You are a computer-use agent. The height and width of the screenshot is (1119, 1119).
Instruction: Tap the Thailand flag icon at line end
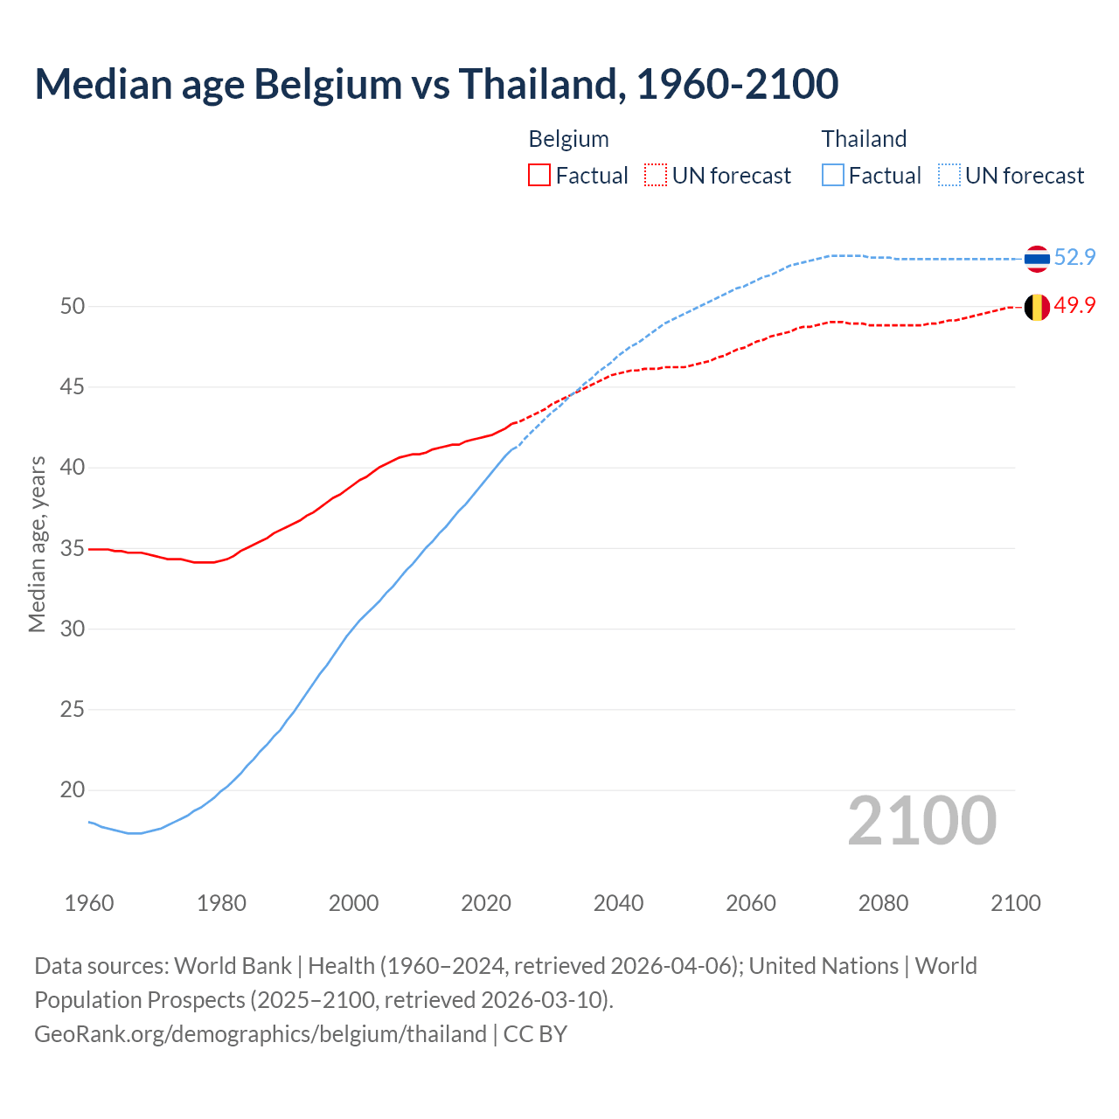[x=1037, y=258]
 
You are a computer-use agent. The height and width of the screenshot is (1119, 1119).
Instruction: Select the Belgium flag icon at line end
[x=1037, y=307]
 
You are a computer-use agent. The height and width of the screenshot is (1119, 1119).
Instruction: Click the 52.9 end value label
[x=1074, y=257]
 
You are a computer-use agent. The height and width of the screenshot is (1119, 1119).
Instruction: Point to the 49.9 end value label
[x=1074, y=305]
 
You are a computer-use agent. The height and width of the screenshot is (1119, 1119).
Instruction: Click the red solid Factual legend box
[x=539, y=176]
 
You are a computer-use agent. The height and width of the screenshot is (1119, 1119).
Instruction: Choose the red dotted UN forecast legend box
[x=656, y=176]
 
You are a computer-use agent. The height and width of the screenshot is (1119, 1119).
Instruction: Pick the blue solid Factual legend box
[x=833, y=176]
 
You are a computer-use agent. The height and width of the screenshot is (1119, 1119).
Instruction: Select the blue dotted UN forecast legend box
[x=949, y=176]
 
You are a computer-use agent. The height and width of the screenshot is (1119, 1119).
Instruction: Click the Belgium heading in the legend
[x=568, y=139]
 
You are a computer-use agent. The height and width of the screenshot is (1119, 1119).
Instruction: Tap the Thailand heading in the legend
[x=864, y=139]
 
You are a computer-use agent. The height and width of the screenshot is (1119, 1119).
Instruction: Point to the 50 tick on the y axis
[x=72, y=306]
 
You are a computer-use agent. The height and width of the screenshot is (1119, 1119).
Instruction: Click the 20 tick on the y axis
[x=72, y=790]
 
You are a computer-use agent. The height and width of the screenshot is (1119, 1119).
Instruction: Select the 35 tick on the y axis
[x=72, y=548]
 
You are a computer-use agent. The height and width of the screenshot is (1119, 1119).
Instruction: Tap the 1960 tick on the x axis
[x=89, y=903]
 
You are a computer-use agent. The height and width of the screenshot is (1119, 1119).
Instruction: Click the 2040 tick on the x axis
[x=618, y=903]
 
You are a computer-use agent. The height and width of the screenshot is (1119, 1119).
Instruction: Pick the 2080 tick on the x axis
[x=883, y=903]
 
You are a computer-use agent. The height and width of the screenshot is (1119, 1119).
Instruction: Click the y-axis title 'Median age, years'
[x=37, y=544]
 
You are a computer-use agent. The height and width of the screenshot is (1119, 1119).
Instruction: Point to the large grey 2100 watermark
[x=921, y=821]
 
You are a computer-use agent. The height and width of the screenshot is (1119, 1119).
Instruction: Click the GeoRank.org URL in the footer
[x=260, y=1034]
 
